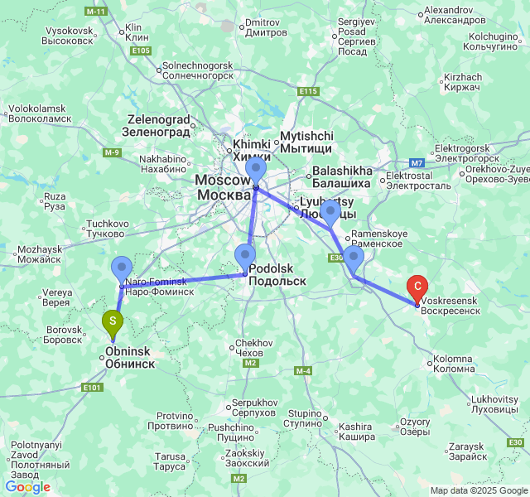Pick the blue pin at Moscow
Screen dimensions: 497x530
pyautogui.click(x=256, y=170)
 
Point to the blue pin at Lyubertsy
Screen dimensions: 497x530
pyautogui.click(x=330, y=211)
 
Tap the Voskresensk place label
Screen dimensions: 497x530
pyautogui.click(x=450, y=305)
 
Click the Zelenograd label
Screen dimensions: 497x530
pyautogui.click(x=157, y=124)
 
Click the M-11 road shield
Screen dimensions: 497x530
pyautogui.click(x=97, y=13)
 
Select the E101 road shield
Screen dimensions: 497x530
pyautogui.click(x=92, y=387)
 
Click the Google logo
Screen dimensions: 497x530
pyautogui.click(x=27, y=487)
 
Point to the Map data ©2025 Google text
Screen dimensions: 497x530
pyautogui.click(x=478, y=490)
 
